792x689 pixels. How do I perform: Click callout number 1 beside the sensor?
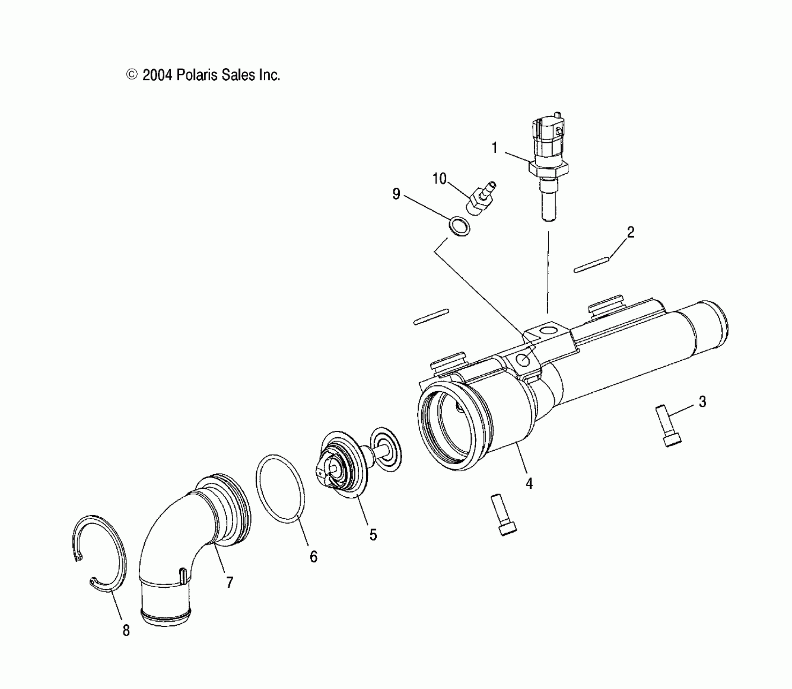pyautogui.click(x=494, y=148)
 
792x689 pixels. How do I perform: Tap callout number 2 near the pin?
pyautogui.click(x=630, y=233)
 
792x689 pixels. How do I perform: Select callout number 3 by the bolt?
pyautogui.click(x=702, y=402)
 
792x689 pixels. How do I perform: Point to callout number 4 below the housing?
pyautogui.click(x=529, y=483)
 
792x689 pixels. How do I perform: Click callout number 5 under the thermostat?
pyautogui.click(x=373, y=535)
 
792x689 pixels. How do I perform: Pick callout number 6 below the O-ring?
pyautogui.click(x=313, y=557)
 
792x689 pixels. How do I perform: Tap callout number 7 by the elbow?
pyautogui.click(x=230, y=583)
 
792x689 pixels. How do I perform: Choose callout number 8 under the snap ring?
pyautogui.click(x=126, y=630)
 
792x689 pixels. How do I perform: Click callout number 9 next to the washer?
pyautogui.click(x=396, y=194)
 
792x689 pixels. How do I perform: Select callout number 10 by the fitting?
pyautogui.click(x=439, y=179)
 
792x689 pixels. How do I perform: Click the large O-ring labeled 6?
pyautogui.click(x=280, y=489)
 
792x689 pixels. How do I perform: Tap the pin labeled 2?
pyautogui.click(x=592, y=264)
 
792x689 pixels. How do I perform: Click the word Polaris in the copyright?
pyautogui.click(x=197, y=75)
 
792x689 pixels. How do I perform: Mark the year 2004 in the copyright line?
pyautogui.click(x=158, y=75)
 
